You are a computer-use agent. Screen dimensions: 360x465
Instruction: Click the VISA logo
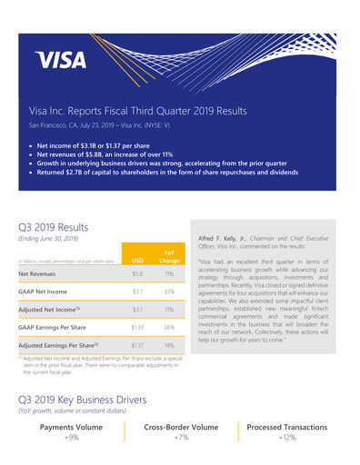(61, 60)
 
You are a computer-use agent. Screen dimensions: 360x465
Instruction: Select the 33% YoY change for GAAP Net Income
(169, 292)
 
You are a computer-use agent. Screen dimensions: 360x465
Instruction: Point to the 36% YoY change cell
(169, 326)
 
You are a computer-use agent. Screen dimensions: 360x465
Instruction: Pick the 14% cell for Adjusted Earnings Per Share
(169, 345)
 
